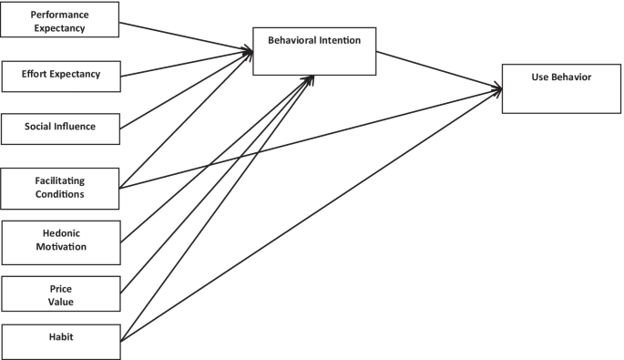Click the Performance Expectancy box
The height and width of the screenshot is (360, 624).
point(61,19)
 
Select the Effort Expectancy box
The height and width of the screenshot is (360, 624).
point(61,74)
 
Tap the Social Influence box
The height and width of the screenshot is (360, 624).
point(61,127)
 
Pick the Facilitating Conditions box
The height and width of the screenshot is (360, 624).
point(61,188)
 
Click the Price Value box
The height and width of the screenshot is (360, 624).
point(61,293)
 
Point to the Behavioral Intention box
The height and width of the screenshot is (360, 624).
point(314,50)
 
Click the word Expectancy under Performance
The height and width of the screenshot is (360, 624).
point(60,27)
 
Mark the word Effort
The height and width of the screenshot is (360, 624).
point(38,74)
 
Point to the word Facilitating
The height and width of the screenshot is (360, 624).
point(60,181)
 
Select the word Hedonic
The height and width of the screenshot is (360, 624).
point(60,233)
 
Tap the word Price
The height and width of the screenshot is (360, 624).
point(61,288)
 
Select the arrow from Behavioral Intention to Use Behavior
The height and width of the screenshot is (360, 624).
point(437,69)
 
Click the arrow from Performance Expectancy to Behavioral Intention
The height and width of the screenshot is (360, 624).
point(187,38)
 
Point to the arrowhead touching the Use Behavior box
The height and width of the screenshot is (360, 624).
point(497,87)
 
